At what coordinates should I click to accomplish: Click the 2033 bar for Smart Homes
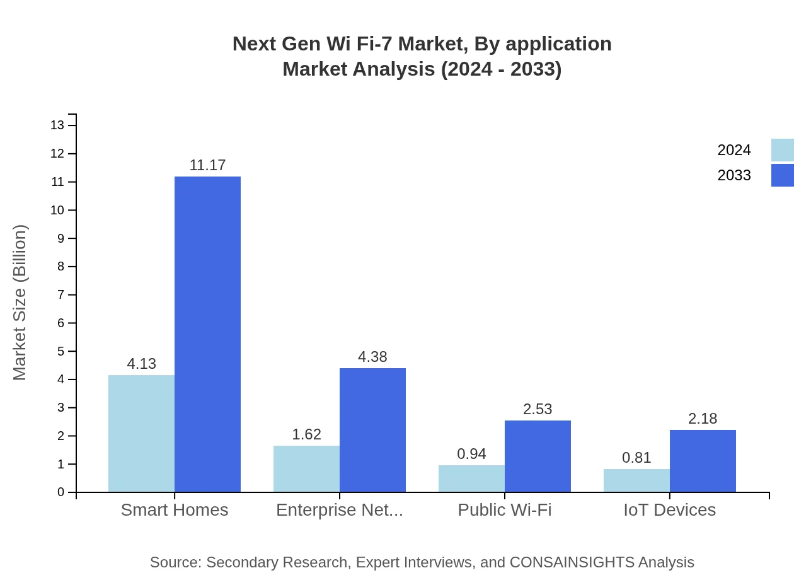pyautogui.click(x=207, y=334)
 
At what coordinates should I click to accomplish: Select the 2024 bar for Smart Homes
pyautogui.click(x=141, y=434)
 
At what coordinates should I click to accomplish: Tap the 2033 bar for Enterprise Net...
pyautogui.click(x=372, y=430)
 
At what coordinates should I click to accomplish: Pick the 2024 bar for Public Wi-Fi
pyautogui.click(x=471, y=478)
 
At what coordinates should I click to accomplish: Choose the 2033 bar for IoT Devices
pyautogui.click(x=703, y=461)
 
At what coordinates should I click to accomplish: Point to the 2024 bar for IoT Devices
pyautogui.click(x=636, y=480)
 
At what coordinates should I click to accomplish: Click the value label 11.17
pyautogui.click(x=207, y=165)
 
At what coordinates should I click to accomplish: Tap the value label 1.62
pyautogui.click(x=306, y=434)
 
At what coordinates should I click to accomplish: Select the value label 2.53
pyautogui.click(x=538, y=409)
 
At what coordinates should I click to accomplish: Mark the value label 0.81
pyautogui.click(x=636, y=458)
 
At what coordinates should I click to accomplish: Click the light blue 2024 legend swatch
pyautogui.click(x=782, y=150)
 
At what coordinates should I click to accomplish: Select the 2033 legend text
pyautogui.click(x=734, y=175)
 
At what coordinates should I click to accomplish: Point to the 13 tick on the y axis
pyautogui.click(x=57, y=125)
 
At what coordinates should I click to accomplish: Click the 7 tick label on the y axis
pyautogui.click(x=61, y=295)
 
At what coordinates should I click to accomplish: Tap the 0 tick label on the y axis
pyautogui.click(x=61, y=492)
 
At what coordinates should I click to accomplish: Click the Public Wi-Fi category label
pyautogui.click(x=504, y=509)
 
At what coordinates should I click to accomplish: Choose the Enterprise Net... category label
pyautogui.click(x=340, y=509)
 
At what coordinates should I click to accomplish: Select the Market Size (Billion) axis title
pyautogui.click(x=20, y=303)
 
